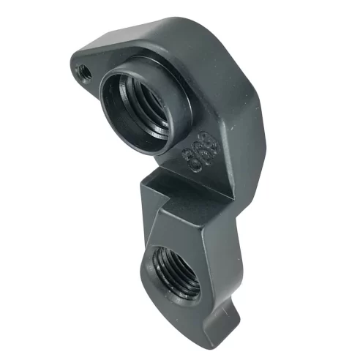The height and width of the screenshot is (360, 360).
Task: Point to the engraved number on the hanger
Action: (x=197, y=151)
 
